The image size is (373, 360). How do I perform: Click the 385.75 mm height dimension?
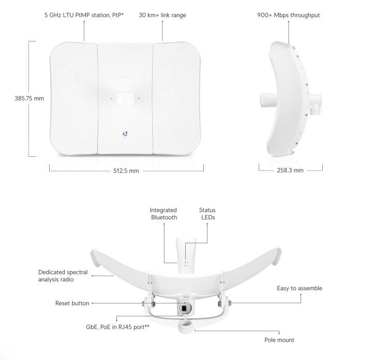(x=29, y=98)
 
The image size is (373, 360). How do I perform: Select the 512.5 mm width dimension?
(x=126, y=171)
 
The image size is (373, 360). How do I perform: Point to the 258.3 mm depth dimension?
(x=290, y=170)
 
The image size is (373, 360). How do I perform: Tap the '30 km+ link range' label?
(x=162, y=15)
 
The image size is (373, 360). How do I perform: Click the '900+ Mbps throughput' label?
(x=289, y=15)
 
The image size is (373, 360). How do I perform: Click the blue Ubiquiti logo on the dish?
(x=125, y=134)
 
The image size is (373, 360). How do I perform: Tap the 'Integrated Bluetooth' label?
(x=163, y=214)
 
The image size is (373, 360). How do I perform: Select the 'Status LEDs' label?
(x=207, y=214)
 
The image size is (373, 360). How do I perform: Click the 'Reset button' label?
(x=72, y=303)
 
